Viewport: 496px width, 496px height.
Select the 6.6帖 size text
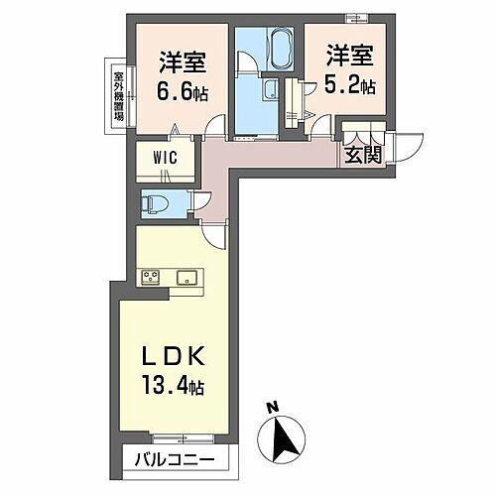182,88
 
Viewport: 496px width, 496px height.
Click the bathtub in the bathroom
271,47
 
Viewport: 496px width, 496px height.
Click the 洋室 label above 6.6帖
182,62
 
